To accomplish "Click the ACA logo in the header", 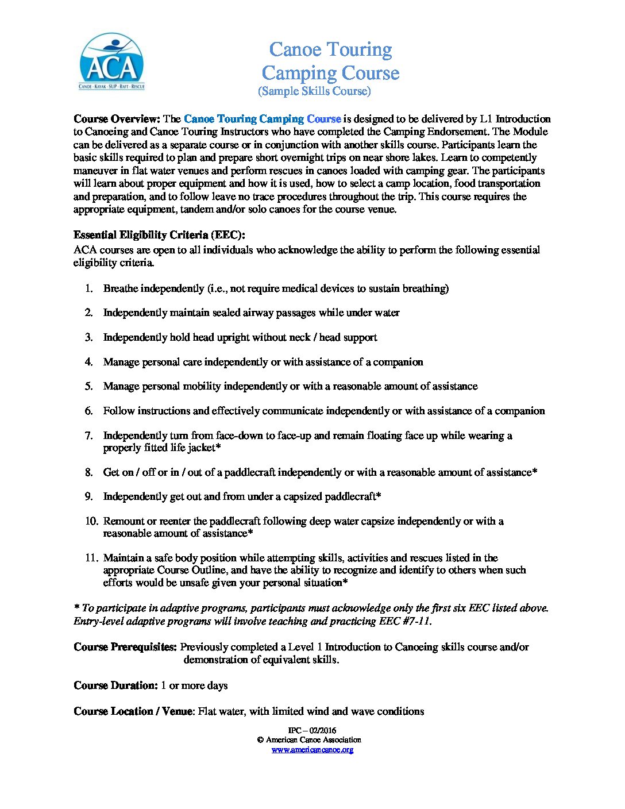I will (111, 61).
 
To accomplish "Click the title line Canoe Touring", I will (330, 49).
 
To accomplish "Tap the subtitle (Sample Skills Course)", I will (314, 91).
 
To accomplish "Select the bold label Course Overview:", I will (117, 119).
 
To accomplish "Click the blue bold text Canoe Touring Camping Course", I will (263, 119).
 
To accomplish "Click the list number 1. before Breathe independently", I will (89, 288).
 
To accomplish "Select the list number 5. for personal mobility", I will (89, 386).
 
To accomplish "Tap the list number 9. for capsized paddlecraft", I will (89, 496).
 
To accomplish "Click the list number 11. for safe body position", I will (91, 558).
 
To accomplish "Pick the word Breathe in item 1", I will (120, 288).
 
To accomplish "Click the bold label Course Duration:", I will (115, 685).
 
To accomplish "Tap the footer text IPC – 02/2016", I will (312, 731).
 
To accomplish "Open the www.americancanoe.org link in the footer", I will (312, 750).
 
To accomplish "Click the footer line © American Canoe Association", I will (309, 740).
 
